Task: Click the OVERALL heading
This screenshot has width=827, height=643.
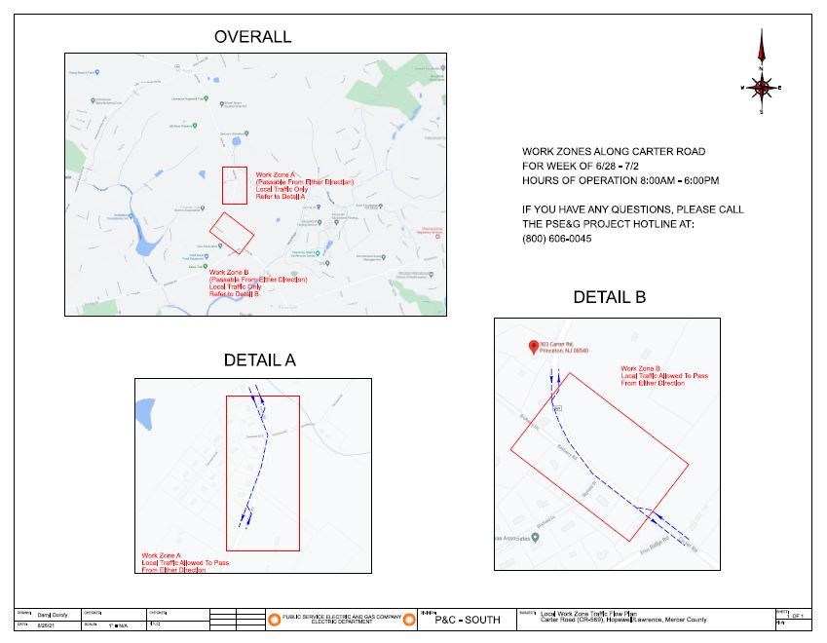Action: pos(252,37)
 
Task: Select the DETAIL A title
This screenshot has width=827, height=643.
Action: pos(259,359)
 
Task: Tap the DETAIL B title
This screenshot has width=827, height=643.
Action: pos(609,297)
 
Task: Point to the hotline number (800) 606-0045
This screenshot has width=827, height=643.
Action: pos(556,239)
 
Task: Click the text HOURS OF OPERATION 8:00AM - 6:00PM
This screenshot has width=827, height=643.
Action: pos(620,180)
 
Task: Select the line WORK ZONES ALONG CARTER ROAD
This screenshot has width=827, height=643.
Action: pos(614,151)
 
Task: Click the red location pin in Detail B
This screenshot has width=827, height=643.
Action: pos(533,347)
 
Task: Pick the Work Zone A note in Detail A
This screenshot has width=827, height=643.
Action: pos(185,562)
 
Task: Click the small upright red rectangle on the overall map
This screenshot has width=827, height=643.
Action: pos(234,185)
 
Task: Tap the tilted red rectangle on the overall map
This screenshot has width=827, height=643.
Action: pos(232,233)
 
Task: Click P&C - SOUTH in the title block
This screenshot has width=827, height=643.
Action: pos(467,620)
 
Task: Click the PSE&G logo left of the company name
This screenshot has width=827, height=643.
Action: pos(275,620)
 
